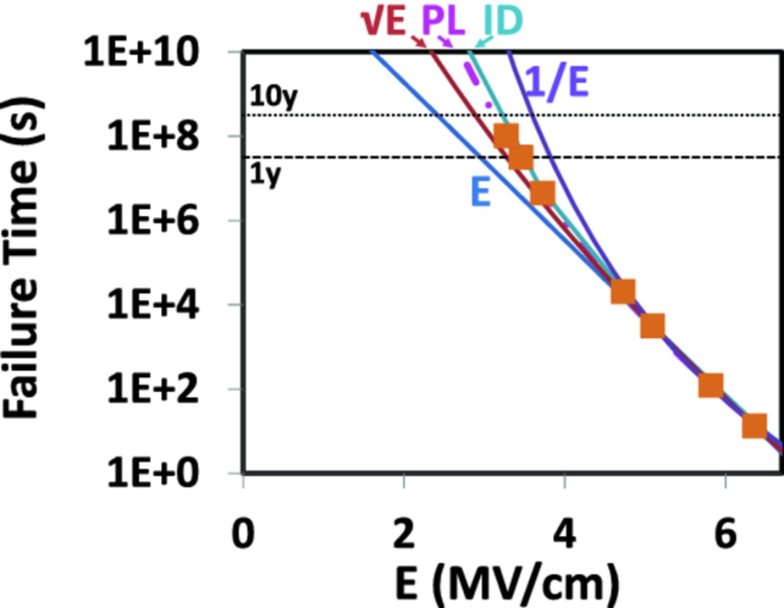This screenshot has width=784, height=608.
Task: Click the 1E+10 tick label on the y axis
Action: coord(141,51)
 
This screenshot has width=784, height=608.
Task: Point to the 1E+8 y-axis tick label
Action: coord(153,136)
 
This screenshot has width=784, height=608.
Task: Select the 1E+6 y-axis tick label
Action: coord(153,220)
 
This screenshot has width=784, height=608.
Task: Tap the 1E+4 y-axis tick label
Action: coord(153,304)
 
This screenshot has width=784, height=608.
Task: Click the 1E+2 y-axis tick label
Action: coord(153,389)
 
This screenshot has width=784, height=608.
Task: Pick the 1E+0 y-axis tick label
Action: coord(153,473)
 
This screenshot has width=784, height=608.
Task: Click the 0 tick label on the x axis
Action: coord(243,533)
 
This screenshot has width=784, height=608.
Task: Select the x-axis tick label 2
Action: coord(404,533)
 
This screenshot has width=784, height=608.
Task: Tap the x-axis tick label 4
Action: coord(564,533)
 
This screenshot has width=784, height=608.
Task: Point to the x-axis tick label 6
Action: coord(725,533)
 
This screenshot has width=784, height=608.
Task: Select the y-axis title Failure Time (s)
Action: coord(23,257)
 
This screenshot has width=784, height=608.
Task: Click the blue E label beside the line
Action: coord(480,192)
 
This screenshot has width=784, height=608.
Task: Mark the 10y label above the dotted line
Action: coord(273,96)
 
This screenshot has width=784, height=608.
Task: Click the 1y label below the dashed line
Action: coord(265,175)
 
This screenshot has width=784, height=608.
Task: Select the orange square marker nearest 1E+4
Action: coord(622,292)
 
